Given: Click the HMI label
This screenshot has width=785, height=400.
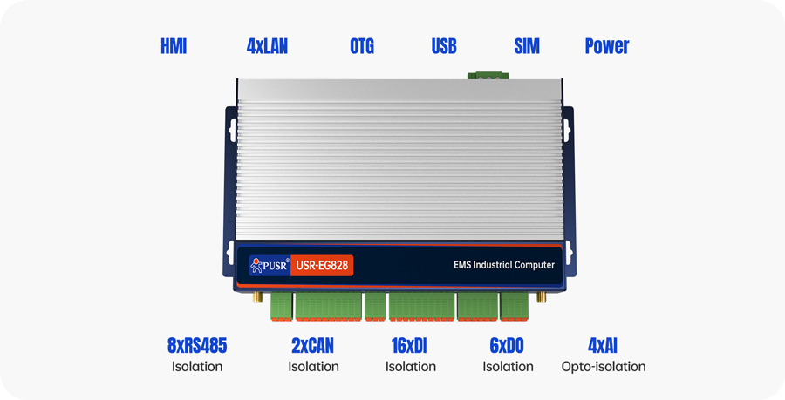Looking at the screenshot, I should pyautogui.click(x=174, y=46).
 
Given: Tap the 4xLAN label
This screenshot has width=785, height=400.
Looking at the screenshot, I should pyautogui.click(x=267, y=46).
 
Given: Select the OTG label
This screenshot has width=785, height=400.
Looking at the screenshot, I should pyautogui.click(x=362, y=46).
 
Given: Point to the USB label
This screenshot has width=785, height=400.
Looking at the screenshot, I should pyautogui.click(x=444, y=46).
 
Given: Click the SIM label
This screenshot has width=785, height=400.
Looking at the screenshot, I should pyautogui.click(x=527, y=46).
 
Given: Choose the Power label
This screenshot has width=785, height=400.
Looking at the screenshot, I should pyautogui.click(x=607, y=46).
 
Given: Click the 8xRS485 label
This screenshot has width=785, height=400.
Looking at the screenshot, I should pyautogui.click(x=197, y=346).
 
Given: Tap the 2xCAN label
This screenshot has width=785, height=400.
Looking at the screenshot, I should pyautogui.click(x=313, y=346).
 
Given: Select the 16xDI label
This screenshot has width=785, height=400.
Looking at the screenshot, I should pyautogui.click(x=410, y=346).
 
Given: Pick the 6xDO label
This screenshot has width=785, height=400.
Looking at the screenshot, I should pyautogui.click(x=508, y=346).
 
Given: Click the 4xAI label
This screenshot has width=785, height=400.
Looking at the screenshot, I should pyautogui.click(x=604, y=346).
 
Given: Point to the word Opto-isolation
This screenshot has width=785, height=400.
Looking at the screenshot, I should pyautogui.click(x=604, y=367).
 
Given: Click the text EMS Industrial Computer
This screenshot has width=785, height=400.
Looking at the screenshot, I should pyautogui.click(x=504, y=265).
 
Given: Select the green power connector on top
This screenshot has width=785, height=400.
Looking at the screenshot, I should pyautogui.click(x=488, y=76).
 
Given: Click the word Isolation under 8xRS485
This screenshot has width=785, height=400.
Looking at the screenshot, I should pyautogui.click(x=197, y=367).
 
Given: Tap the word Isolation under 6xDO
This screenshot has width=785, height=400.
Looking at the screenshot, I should pyautogui.click(x=508, y=367).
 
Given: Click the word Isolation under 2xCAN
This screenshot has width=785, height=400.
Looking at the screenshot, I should pyautogui.click(x=313, y=367).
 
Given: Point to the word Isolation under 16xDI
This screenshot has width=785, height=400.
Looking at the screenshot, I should pyautogui.click(x=410, y=367).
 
